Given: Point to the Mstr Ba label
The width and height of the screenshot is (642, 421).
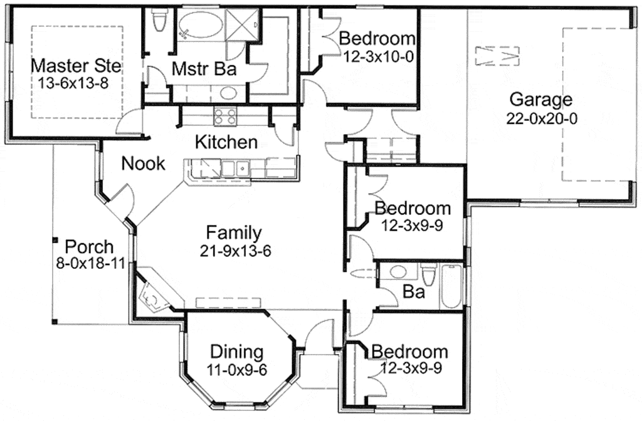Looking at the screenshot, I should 196,69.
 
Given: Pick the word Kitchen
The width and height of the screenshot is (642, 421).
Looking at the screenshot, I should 226,142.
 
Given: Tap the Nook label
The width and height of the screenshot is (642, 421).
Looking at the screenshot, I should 144,164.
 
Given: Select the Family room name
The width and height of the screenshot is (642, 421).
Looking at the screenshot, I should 233,233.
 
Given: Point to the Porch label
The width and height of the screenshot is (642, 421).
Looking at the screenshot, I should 90,246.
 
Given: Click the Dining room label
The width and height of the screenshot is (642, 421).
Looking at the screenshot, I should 236,351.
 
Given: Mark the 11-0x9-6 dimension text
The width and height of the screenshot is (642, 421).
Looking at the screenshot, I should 237,369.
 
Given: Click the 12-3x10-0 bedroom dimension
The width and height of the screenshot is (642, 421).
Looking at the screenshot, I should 378,56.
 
